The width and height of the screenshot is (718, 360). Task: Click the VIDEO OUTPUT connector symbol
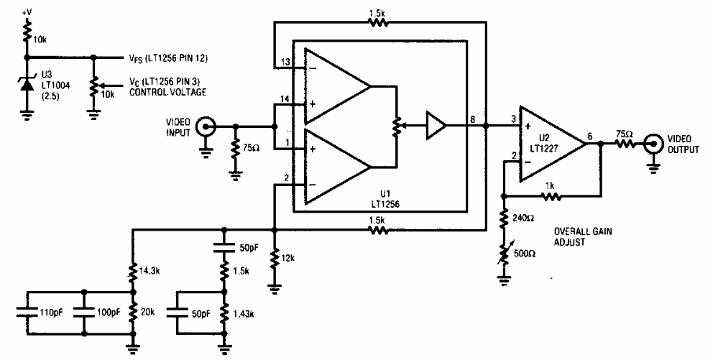(x=653, y=144)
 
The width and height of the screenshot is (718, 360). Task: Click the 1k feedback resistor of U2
(x=550, y=194)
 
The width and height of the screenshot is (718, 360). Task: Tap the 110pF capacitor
(x=27, y=312)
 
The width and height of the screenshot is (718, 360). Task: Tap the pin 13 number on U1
(x=287, y=62)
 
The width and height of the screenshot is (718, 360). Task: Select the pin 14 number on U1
(x=287, y=98)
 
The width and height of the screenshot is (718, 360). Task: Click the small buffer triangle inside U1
(x=435, y=126)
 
